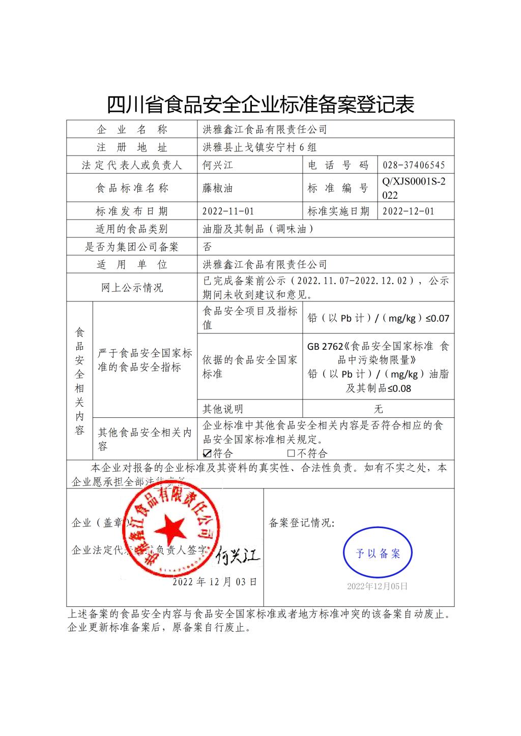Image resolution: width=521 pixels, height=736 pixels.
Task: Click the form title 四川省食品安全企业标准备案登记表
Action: [x=260, y=104]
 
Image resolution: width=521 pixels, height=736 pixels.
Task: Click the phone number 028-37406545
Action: [x=414, y=165]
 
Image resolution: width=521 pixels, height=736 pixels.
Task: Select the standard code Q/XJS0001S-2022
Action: [x=414, y=188]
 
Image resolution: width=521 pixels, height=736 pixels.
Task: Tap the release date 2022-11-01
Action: [x=228, y=211]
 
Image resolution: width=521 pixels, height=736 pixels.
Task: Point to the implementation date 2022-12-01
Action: [x=408, y=211]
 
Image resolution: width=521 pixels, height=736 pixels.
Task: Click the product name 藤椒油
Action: [x=218, y=188]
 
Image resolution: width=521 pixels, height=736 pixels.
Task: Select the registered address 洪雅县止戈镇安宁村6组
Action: [x=259, y=147]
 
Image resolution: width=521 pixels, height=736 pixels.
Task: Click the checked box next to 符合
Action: [x=207, y=453]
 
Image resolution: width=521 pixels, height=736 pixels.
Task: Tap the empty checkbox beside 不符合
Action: [x=291, y=453]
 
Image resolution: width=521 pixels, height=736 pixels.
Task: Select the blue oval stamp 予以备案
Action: [x=378, y=553]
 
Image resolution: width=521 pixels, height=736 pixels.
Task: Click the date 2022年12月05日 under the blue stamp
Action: [x=377, y=586]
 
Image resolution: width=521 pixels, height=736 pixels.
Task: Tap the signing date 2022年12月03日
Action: [x=215, y=582]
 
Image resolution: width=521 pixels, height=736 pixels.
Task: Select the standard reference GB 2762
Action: [x=325, y=347]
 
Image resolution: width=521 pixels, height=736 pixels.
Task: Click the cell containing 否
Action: [x=207, y=247]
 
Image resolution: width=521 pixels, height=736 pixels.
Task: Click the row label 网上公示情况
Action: [x=132, y=288]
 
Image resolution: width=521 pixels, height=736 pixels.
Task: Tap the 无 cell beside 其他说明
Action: [x=378, y=409]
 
